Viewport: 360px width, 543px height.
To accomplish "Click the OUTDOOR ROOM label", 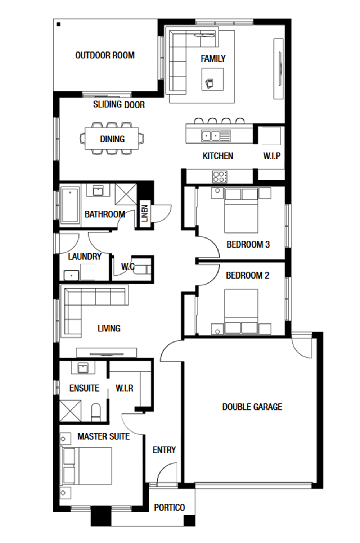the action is pyautogui.click(x=105, y=55).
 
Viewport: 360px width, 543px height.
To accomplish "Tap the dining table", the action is pyautogui.click(x=112, y=139).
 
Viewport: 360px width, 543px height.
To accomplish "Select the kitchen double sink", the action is pyautogui.click(x=211, y=136).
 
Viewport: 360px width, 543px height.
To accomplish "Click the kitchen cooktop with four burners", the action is pyautogui.click(x=220, y=177).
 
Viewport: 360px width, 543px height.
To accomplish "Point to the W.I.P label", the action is pyautogui.click(x=272, y=155).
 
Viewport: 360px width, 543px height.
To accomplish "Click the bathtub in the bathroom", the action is pyautogui.click(x=70, y=205).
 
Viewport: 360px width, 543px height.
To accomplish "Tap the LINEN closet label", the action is pyautogui.click(x=145, y=213).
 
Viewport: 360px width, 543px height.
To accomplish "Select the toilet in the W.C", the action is pyautogui.click(x=143, y=269).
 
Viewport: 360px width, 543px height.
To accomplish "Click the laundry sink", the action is pyautogui.click(x=71, y=275).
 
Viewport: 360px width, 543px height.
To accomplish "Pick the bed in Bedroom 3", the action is pyautogui.click(x=241, y=210).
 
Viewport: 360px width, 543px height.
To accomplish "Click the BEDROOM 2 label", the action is pyautogui.click(x=247, y=275).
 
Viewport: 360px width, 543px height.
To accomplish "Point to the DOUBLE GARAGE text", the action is pyautogui.click(x=252, y=407).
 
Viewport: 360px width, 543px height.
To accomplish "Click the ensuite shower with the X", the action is pyautogui.click(x=70, y=411).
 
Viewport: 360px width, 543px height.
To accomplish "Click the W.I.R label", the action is pyautogui.click(x=125, y=388).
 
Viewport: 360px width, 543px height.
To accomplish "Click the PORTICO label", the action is pyautogui.click(x=169, y=507).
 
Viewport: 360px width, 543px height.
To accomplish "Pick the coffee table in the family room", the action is pyautogui.click(x=212, y=79).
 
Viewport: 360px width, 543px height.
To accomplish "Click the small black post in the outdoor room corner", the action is pyautogui.click(x=58, y=24).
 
